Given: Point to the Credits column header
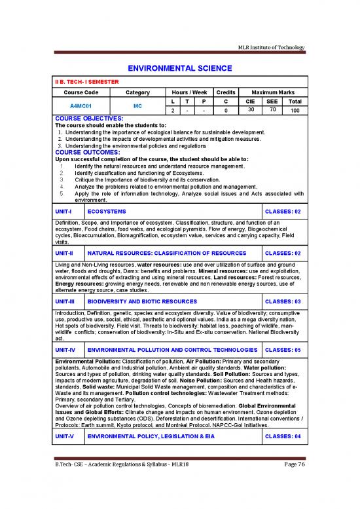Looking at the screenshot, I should (225, 92).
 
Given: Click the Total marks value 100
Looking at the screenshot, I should (295, 111).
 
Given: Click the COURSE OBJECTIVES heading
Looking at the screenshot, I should (88, 118).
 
